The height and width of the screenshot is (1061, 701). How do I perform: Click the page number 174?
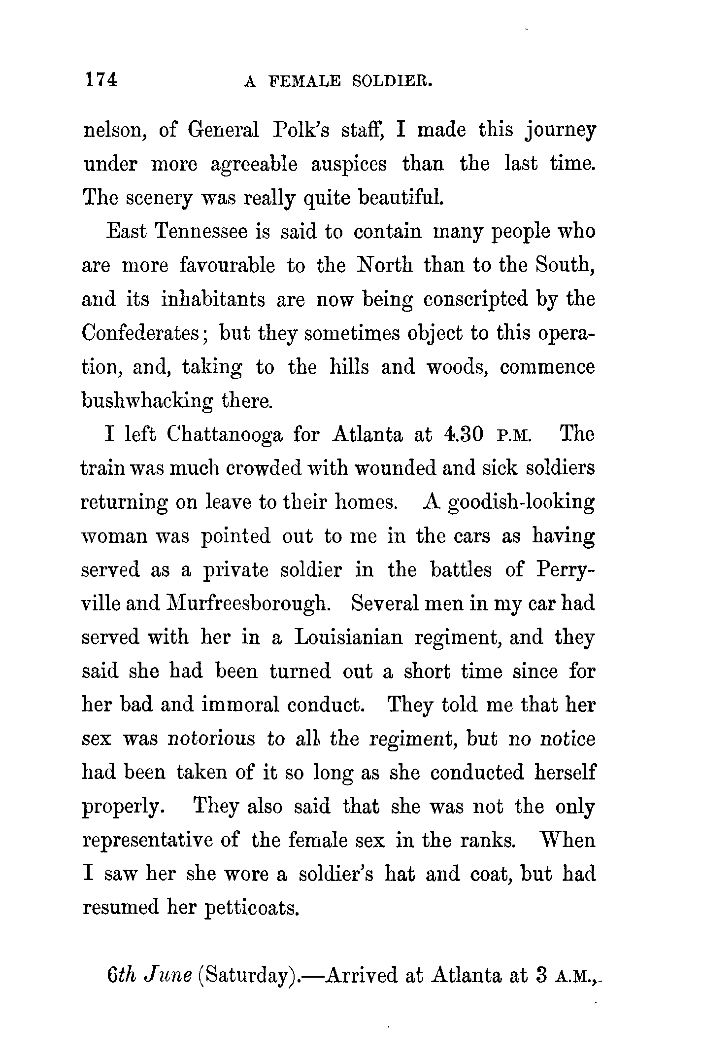(x=101, y=79)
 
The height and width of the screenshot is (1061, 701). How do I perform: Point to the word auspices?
(x=349, y=164)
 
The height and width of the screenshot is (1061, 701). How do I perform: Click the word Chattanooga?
(x=224, y=435)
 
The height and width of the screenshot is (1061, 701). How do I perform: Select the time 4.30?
(x=465, y=434)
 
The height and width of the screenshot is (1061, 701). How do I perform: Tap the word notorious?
(x=211, y=739)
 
